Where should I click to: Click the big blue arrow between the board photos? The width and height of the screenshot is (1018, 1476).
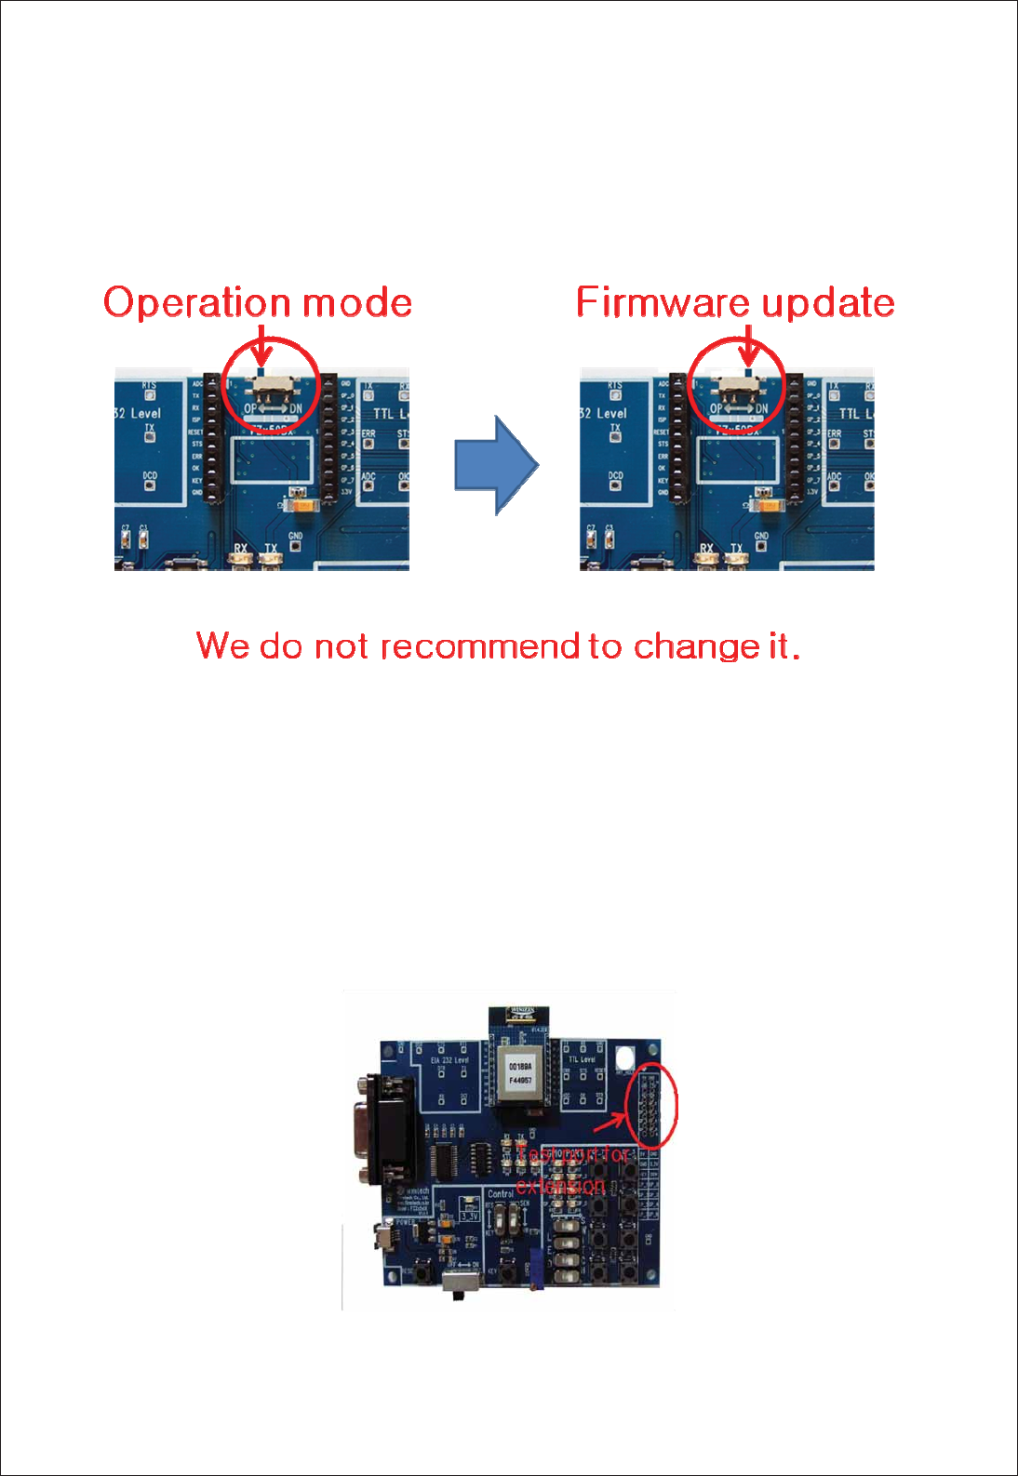point(496,465)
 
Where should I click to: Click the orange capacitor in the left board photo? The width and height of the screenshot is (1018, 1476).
point(303,505)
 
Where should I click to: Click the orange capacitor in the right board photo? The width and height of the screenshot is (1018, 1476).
point(769,505)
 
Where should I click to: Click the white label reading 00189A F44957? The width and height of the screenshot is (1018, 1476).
point(519,1073)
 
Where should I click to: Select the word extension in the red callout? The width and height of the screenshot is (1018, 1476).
point(560,1186)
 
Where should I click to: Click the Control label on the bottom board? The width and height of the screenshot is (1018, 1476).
point(501,1193)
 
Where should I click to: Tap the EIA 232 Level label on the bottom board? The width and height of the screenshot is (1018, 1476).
point(449,1060)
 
